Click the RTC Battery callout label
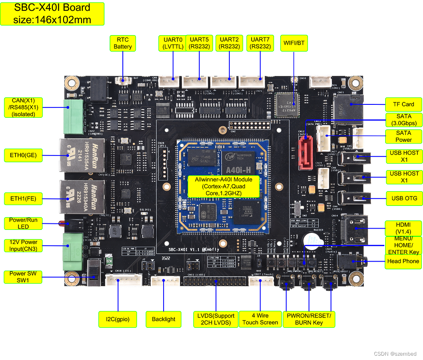[123, 43]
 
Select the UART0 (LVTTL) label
[173, 43]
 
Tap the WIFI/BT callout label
[294, 43]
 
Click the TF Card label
[404, 104]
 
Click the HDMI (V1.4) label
[403, 228]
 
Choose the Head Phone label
[403, 261]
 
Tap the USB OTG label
[403, 198]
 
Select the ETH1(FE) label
[23, 198]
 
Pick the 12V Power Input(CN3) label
[23, 245]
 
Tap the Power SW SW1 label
[23, 277]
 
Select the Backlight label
[164, 319]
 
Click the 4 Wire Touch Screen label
[260, 319]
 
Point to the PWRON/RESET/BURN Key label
[309, 319]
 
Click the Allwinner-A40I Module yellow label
[223, 186]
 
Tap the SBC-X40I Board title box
[52, 14]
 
